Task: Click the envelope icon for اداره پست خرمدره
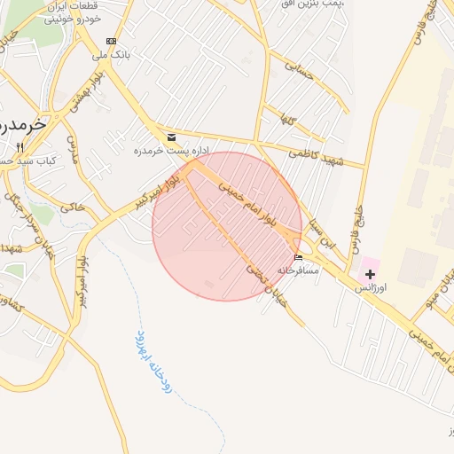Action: (x=171, y=137)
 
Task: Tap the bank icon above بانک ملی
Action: (x=111, y=41)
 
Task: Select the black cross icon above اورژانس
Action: (x=370, y=275)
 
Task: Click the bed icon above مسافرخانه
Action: (x=299, y=258)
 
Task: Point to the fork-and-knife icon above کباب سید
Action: (x=20, y=146)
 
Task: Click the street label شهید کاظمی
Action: (x=321, y=155)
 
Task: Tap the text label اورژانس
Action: (x=371, y=289)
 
